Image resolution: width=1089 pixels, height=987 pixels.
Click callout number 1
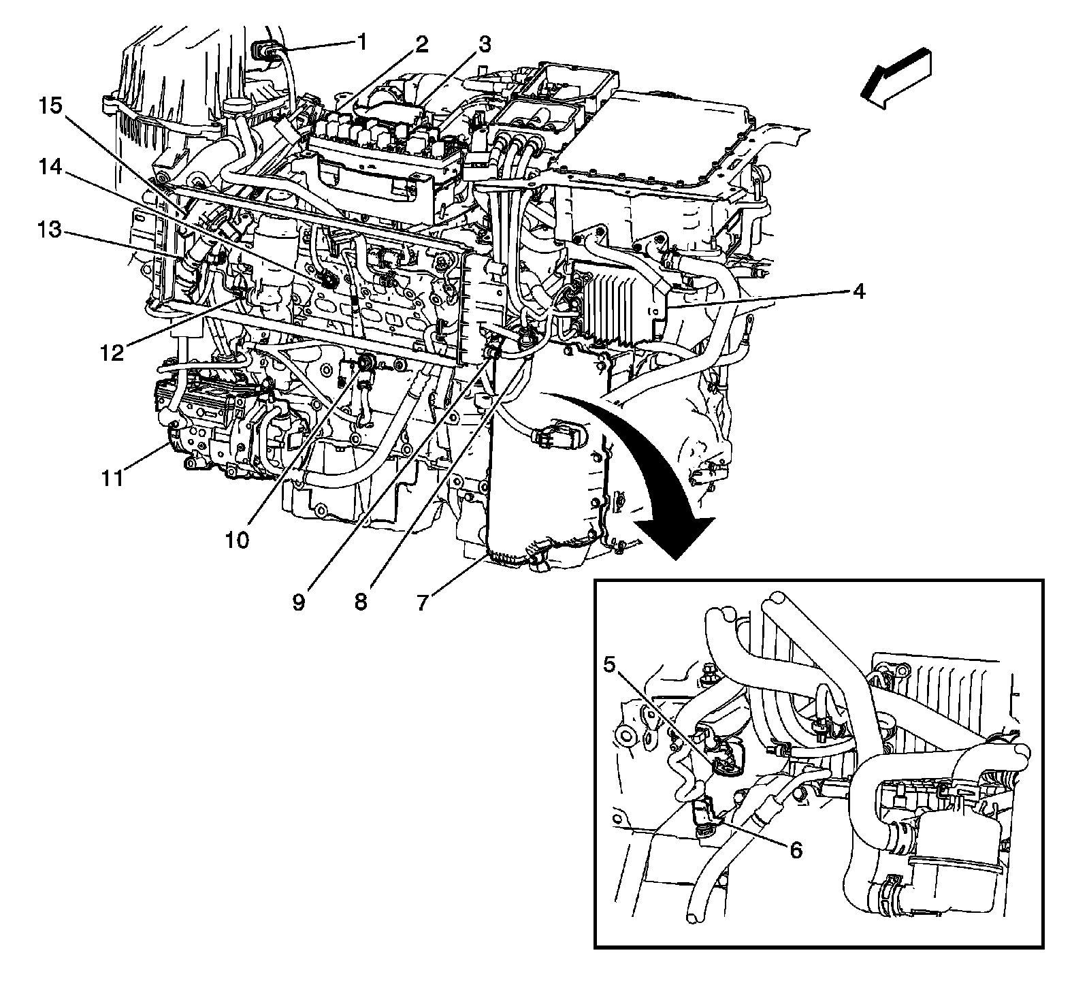362,44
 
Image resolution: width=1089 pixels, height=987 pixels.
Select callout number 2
422,46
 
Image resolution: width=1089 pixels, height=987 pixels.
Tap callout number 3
483,46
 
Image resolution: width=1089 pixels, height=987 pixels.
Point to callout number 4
858,292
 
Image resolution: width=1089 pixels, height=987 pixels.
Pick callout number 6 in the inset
795,850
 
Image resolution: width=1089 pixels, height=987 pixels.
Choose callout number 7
423,602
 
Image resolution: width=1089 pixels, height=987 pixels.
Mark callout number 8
361,602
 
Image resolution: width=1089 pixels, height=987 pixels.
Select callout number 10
238,540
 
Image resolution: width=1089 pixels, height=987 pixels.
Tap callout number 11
112,479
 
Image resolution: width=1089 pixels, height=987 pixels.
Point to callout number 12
112,353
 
